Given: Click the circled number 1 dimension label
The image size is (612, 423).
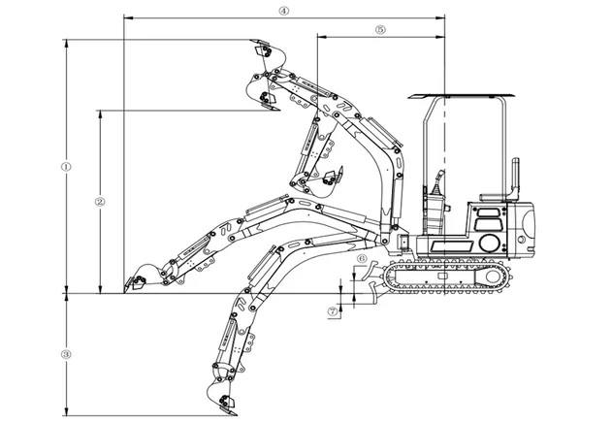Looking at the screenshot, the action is tap(66, 167).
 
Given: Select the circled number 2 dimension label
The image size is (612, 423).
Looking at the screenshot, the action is tap(100, 202).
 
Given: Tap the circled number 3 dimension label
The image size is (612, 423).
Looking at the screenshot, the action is tap(66, 355).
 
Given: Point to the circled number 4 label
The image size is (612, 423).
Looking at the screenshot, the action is tap(284, 11).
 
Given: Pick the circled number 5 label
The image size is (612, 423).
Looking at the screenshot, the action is tap(380, 30).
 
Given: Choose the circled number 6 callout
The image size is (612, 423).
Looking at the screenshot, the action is tap(362, 258).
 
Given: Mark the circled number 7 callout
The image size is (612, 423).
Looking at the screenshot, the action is tap(333, 311).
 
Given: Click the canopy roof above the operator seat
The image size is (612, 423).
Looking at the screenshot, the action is tap(462, 96).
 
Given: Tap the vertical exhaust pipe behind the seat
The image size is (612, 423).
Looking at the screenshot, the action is tap(516, 178).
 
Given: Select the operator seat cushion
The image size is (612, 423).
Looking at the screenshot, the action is tap(495, 198).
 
